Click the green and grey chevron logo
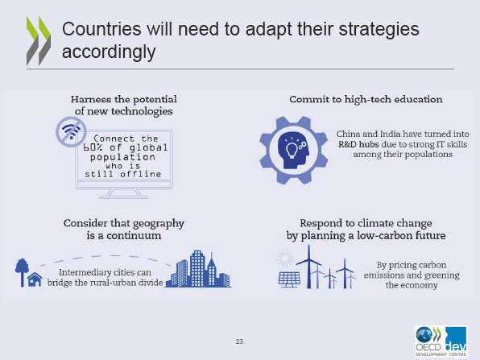39,41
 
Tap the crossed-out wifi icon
72,132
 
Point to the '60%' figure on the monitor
93,148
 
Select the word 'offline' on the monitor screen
140,174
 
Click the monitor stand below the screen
124,193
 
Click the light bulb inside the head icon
291,150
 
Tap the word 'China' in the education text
348,134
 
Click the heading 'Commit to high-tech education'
366,100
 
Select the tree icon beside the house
22,272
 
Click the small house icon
35,279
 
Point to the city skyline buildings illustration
198,269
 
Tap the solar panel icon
289,279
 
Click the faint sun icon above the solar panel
285,259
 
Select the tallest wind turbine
308,267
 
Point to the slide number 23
239,341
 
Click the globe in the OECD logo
424,335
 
